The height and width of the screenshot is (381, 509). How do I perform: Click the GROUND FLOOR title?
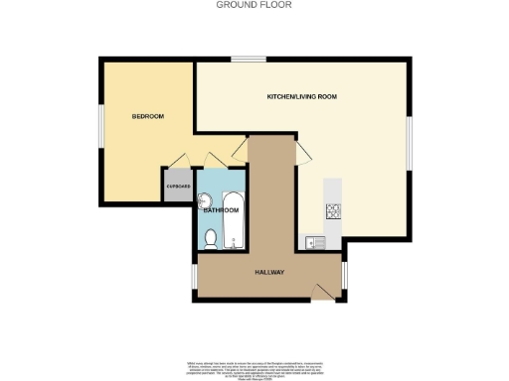[x=254, y=5]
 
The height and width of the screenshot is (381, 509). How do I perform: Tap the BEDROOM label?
[x=148, y=117]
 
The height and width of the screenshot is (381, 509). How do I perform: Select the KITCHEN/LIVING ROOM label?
[x=302, y=97]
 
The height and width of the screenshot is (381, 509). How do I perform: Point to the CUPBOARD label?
[x=178, y=187]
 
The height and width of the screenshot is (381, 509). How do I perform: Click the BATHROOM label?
[x=221, y=210]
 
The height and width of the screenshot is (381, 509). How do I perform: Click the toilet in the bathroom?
[x=210, y=237]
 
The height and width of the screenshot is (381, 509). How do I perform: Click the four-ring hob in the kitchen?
[x=333, y=211]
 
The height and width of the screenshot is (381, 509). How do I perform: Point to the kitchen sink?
[x=317, y=240]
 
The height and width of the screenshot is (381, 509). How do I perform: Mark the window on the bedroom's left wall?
[x=99, y=127]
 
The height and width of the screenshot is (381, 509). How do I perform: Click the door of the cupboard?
[x=179, y=162]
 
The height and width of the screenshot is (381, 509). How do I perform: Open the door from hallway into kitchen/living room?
[x=300, y=152]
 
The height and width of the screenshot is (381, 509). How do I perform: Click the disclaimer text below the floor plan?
[x=254, y=366]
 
